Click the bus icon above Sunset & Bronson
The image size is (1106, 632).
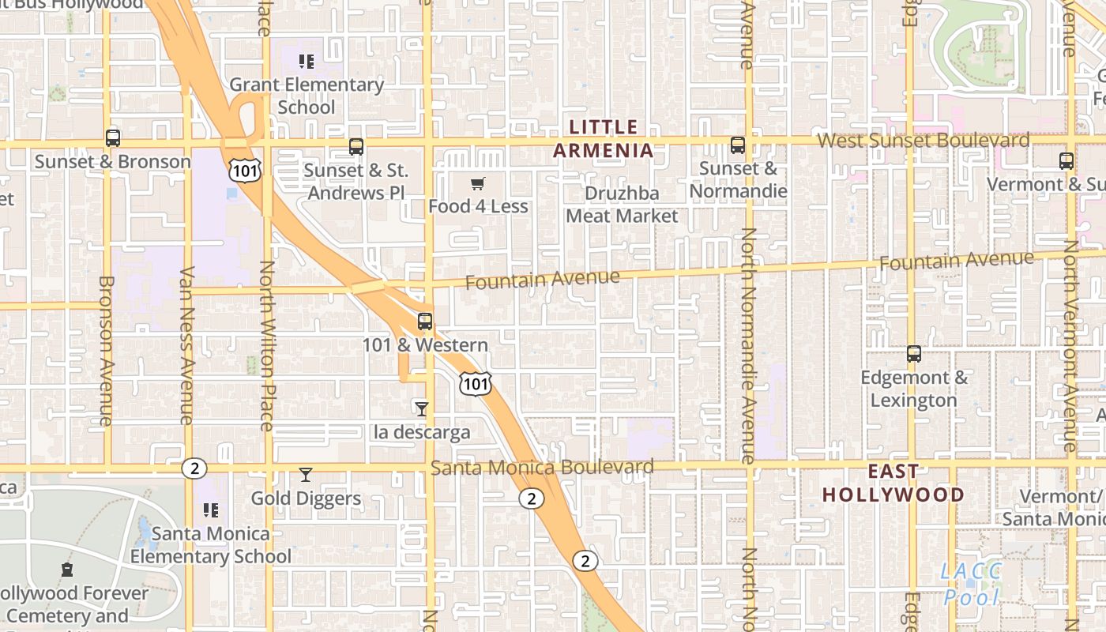[113, 138]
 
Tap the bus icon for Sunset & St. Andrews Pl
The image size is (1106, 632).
[356, 146]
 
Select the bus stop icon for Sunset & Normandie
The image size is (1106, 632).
[738, 145]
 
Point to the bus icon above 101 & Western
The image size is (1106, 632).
[425, 322]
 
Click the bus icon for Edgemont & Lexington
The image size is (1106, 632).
[914, 354]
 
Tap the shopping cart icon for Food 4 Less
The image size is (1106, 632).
[477, 184]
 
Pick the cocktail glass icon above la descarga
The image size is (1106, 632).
[422, 408]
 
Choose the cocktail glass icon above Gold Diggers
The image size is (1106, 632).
[306, 475]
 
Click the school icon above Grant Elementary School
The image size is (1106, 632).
[307, 61]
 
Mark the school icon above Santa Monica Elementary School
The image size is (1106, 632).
[211, 510]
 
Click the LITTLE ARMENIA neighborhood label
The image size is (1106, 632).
[604, 139]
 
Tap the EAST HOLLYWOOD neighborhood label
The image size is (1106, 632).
[893, 483]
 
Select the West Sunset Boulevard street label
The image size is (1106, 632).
[924, 141]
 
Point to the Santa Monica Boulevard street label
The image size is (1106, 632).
[542, 468]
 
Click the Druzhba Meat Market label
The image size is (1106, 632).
[622, 205]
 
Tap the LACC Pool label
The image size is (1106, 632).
[972, 583]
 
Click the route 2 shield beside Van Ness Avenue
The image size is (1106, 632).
[194, 468]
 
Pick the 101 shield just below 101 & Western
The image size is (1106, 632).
[475, 384]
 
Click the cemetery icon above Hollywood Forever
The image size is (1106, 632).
[67, 570]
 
